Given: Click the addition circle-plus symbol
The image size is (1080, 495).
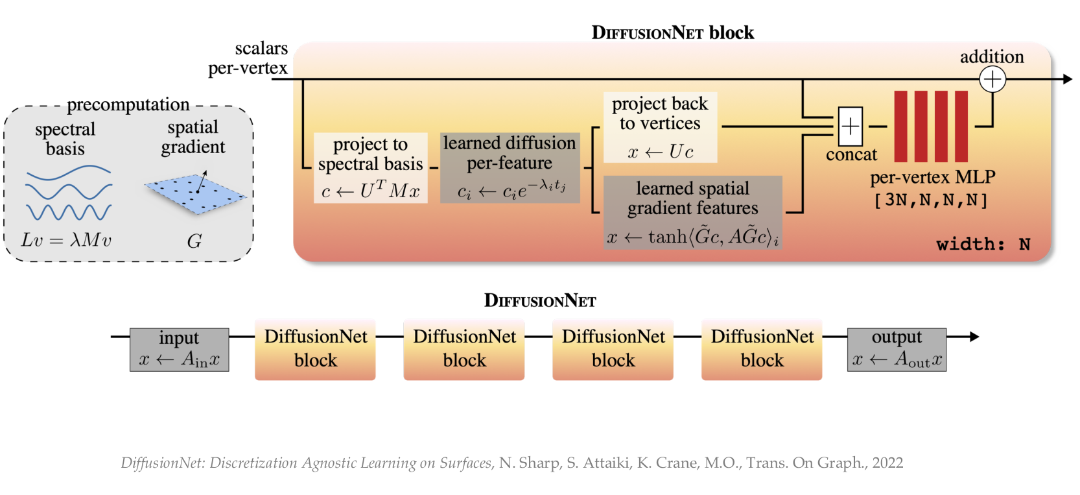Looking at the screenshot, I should [992, 80].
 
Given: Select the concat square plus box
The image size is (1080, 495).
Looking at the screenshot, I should [851, 127].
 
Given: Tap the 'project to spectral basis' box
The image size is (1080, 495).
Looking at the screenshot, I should [370, 168].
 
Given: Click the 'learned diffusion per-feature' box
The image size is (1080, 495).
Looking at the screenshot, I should [510, 168].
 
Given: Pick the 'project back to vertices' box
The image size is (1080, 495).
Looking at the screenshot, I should [660, 127].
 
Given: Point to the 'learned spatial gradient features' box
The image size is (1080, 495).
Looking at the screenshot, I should [692, 212].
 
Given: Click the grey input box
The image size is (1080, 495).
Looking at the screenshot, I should [180, 350].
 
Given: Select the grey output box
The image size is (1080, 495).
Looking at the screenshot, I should [897, 350].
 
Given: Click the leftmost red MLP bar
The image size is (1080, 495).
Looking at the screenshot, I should [900, 127].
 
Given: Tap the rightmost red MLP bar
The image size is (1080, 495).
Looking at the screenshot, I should [961, 127].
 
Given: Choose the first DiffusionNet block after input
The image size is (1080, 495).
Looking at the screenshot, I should [315, 349].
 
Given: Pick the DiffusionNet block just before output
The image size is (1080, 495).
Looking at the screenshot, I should [762, 349].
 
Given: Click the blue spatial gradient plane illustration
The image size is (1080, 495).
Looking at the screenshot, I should [195, 193].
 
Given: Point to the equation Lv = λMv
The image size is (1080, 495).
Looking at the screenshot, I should [66, 241].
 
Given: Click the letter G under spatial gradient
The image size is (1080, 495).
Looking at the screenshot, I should [194, 242].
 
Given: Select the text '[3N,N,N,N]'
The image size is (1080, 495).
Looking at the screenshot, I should [931, 200].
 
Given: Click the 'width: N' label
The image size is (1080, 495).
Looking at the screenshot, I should [983, 245].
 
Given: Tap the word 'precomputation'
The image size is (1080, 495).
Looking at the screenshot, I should [128, 105].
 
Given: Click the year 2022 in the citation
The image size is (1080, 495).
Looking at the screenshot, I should [887, 463].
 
